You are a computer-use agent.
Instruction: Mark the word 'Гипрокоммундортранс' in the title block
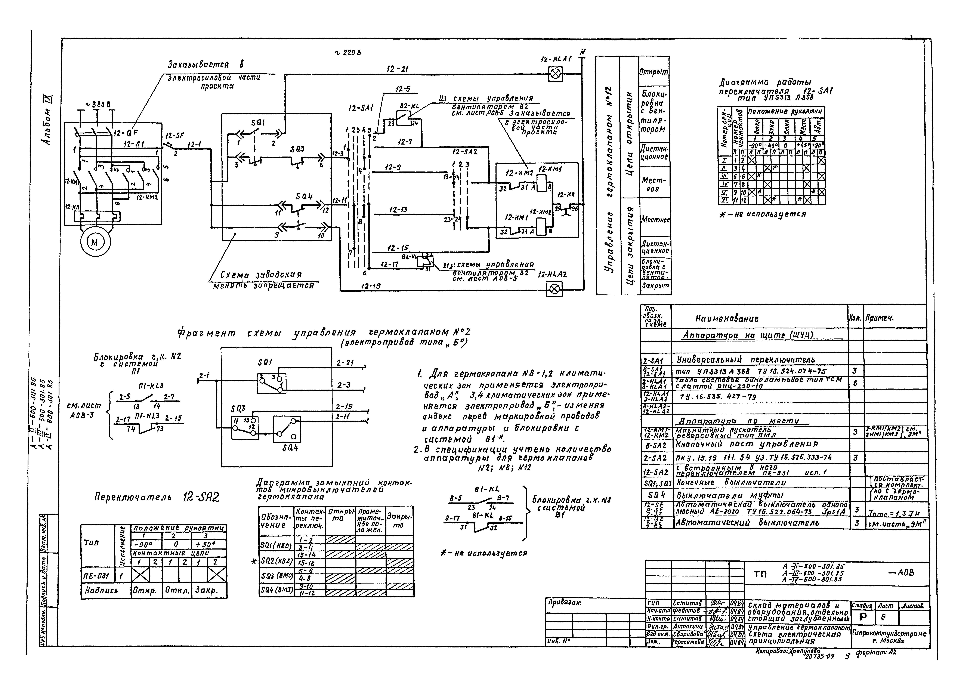pos(889,634)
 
